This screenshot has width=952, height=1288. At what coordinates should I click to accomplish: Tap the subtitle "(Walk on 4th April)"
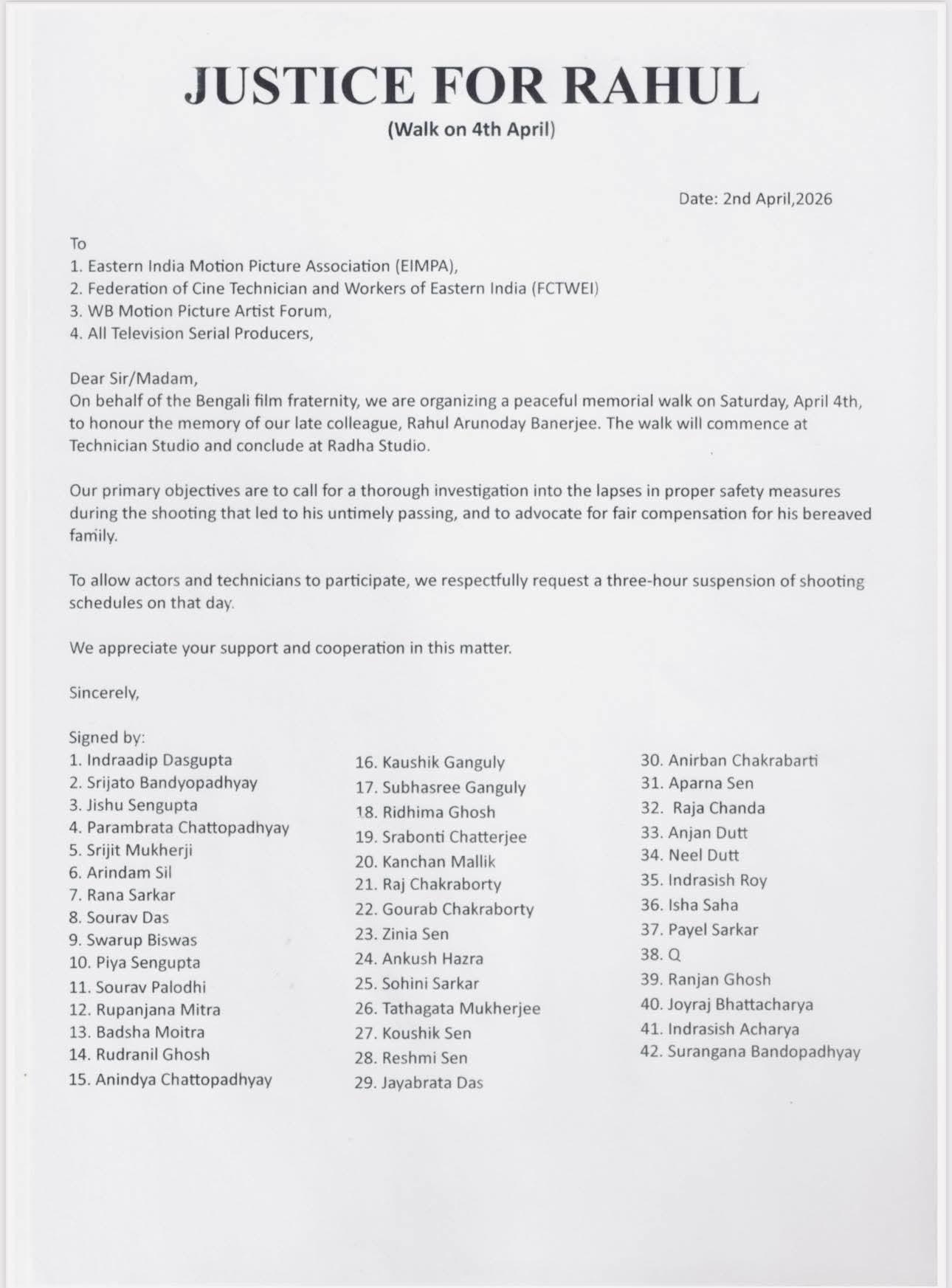click(x=471, y=130)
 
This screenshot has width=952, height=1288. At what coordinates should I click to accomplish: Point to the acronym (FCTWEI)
click(x=565, y=289)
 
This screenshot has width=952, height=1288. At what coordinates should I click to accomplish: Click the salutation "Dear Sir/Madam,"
click(x=134, y=379)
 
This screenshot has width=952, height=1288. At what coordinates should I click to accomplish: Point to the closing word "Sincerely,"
click(x=104, y=693)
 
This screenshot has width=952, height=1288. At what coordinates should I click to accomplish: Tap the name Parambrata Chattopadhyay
click(x=188, y=827)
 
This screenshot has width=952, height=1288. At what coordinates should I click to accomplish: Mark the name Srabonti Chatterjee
click(x=454, y=837)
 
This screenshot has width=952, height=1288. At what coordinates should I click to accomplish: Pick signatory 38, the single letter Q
click(x=674, y=954)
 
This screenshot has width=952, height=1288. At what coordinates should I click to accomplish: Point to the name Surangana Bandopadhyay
click(x=763, y=1052)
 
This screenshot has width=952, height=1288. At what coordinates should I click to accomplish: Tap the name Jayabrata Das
click(x=432, y=1084)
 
